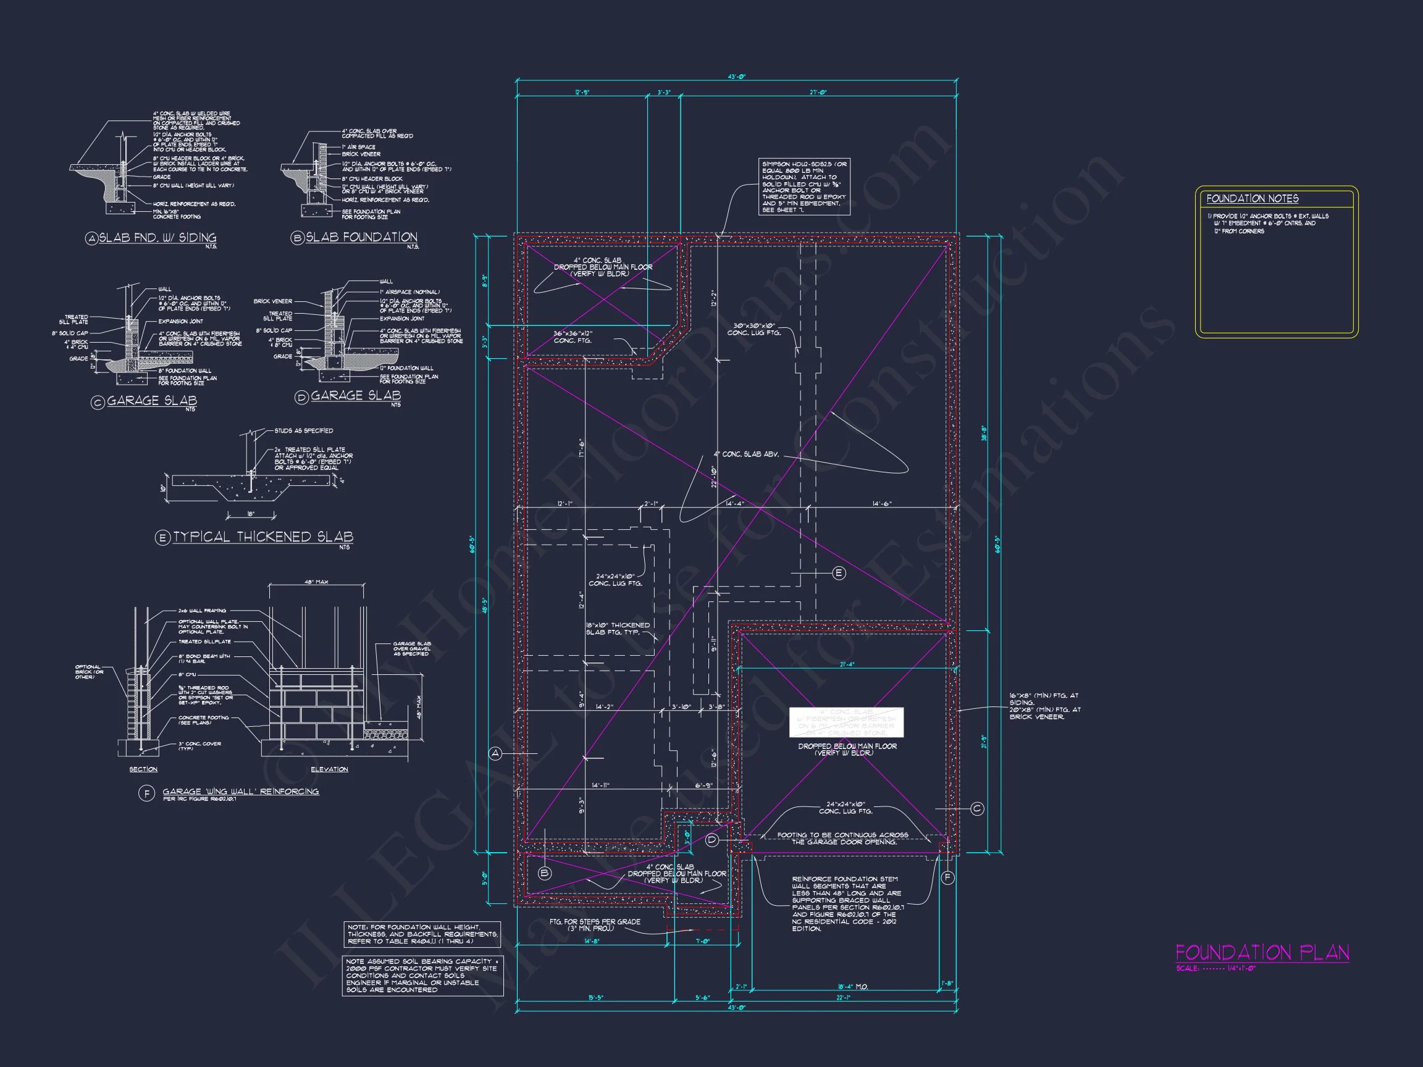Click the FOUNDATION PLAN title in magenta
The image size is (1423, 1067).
[1262, 953]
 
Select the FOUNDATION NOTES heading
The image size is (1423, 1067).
[1252, 199]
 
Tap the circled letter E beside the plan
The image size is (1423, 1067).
[839, 573]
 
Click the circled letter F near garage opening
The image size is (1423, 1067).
[947, 877]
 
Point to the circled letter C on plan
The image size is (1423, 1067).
[976, 808]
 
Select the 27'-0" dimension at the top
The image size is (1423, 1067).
[818, 93]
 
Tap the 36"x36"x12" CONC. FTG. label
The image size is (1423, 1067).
[573, 337]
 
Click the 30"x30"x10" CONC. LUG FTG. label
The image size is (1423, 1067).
[753, 329]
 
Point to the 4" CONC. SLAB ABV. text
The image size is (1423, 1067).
[745, 454]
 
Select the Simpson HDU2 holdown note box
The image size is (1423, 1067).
[804, 187]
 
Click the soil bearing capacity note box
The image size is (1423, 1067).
[422, 975]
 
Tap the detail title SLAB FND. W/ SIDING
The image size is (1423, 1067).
[157, 238]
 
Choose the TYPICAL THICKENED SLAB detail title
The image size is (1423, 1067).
[262, 537]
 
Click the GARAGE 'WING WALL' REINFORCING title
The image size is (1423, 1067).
[241, 792]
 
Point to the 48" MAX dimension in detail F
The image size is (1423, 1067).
[316, 582]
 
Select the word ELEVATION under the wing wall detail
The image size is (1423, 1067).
[329, 769]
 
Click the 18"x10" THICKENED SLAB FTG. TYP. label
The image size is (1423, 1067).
[618, 629]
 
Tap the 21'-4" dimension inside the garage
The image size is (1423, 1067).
[847, 664]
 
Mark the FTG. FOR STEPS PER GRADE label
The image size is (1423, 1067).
[594, 924]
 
